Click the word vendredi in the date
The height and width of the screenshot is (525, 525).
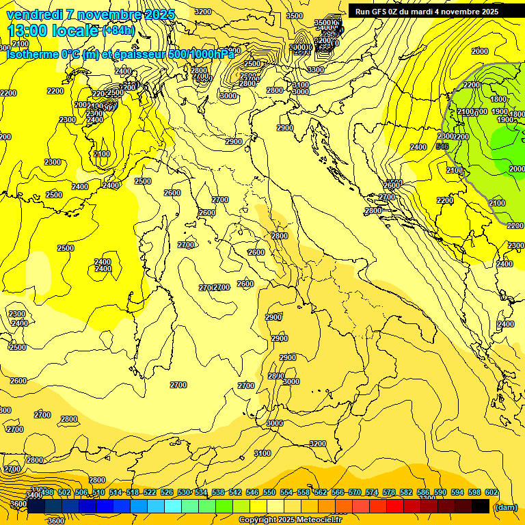click(x=33, y=14)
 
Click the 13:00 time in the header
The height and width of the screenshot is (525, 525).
click(x=28, y=31)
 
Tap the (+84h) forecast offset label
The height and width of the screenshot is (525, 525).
click(x=118, y=30)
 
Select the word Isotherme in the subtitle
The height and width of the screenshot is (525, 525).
click(x=32, y=54)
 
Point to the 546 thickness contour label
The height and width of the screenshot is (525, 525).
click(x=442, y=146)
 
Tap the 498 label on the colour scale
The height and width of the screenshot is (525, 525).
click(x=47, y=492)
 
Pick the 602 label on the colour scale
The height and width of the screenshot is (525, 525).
click(x=490, y=492)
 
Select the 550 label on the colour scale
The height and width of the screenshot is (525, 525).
click(x=269, y=492)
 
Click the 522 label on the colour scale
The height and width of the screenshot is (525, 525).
click(x=150, y=492)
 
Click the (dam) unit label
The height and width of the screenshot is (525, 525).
click(x=505, y=507)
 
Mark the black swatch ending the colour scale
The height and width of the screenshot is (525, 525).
click(x=481, y=506)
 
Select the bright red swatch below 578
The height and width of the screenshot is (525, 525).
click(x=394, y=506)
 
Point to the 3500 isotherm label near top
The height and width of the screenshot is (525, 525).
click(x=294, y=16)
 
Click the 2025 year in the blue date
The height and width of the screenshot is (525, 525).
click(x=157, y=14)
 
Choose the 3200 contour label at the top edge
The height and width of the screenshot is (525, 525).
click(x=202, y=12)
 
